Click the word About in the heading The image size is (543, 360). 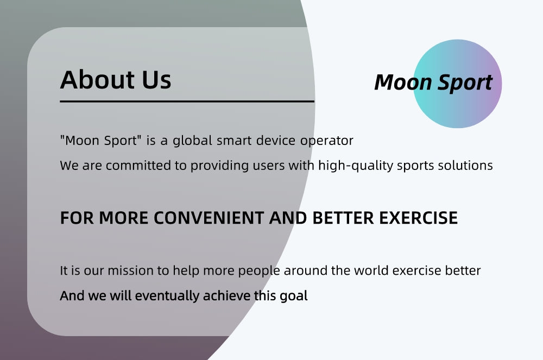[97, 79]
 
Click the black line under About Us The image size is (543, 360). [187, 102]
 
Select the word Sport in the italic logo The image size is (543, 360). [465, 83]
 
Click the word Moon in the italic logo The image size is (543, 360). [403, 83]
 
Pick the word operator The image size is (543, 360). [326, 141]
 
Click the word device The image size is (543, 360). [276, 140]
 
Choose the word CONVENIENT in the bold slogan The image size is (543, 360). [209, 218]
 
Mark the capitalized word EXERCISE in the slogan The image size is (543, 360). [418, 218]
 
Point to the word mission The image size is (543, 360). [130, 270]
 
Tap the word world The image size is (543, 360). [371, 270]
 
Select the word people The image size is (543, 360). [259, 271]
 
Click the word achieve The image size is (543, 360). [226, 295]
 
